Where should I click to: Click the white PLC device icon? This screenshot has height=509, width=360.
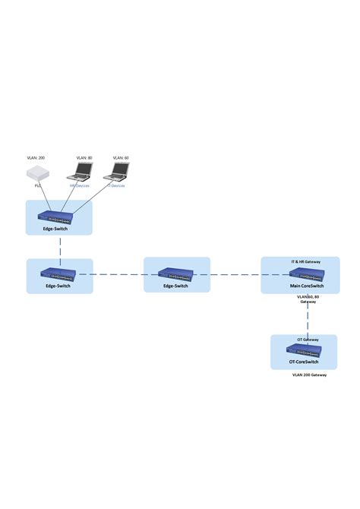(36, 175)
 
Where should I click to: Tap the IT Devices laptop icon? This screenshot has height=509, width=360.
(118, 172)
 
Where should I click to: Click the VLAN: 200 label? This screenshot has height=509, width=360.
(36, 157)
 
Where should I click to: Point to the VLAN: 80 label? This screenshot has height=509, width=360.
(84, 157)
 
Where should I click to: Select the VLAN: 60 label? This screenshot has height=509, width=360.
(120, 157)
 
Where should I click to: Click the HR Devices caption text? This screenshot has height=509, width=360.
(80, 185)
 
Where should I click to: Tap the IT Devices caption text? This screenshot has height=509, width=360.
(115, 185)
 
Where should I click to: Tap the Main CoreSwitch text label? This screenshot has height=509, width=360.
(307, 286)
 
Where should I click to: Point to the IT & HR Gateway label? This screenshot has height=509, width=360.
(306, 261)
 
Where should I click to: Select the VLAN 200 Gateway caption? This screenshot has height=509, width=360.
(309, 375)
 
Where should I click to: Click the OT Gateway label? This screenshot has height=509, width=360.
(307, 340)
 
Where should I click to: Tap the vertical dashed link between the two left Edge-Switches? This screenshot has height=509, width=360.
(59, 247)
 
